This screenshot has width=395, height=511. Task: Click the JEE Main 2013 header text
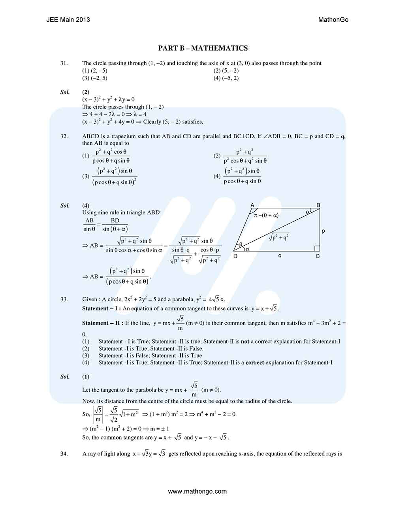(x=68, y=20)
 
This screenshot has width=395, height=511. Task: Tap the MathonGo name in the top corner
(x=333, y=20)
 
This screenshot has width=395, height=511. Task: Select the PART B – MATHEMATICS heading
(x=203, y=48)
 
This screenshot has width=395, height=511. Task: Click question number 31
(x=64, y=63)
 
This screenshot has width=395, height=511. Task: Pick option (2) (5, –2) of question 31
(x=226, y=71)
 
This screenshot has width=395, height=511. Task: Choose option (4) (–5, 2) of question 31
(x=226, y=78)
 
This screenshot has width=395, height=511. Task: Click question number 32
(x=64, y=136)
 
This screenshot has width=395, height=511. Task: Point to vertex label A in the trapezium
(x=252, y=205)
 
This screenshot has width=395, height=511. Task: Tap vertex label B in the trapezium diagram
(x=318, y=205)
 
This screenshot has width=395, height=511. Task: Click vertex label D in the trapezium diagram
(x=235, y=256)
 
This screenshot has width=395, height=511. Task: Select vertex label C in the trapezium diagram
(x=318, y=256)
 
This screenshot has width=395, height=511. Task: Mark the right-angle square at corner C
(x=317, y=248)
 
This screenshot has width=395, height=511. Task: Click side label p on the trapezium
(x=324, y=231)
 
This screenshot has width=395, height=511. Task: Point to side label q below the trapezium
(x=280, y=255)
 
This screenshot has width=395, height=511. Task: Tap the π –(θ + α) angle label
(x=266, y=215)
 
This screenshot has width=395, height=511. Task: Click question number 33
(x=64, y=299)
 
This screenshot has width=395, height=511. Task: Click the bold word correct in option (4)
(x=255, y=363)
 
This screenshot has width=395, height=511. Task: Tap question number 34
(x=64, y=454)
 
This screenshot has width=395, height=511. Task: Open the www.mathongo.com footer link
(x=197, y=492)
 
